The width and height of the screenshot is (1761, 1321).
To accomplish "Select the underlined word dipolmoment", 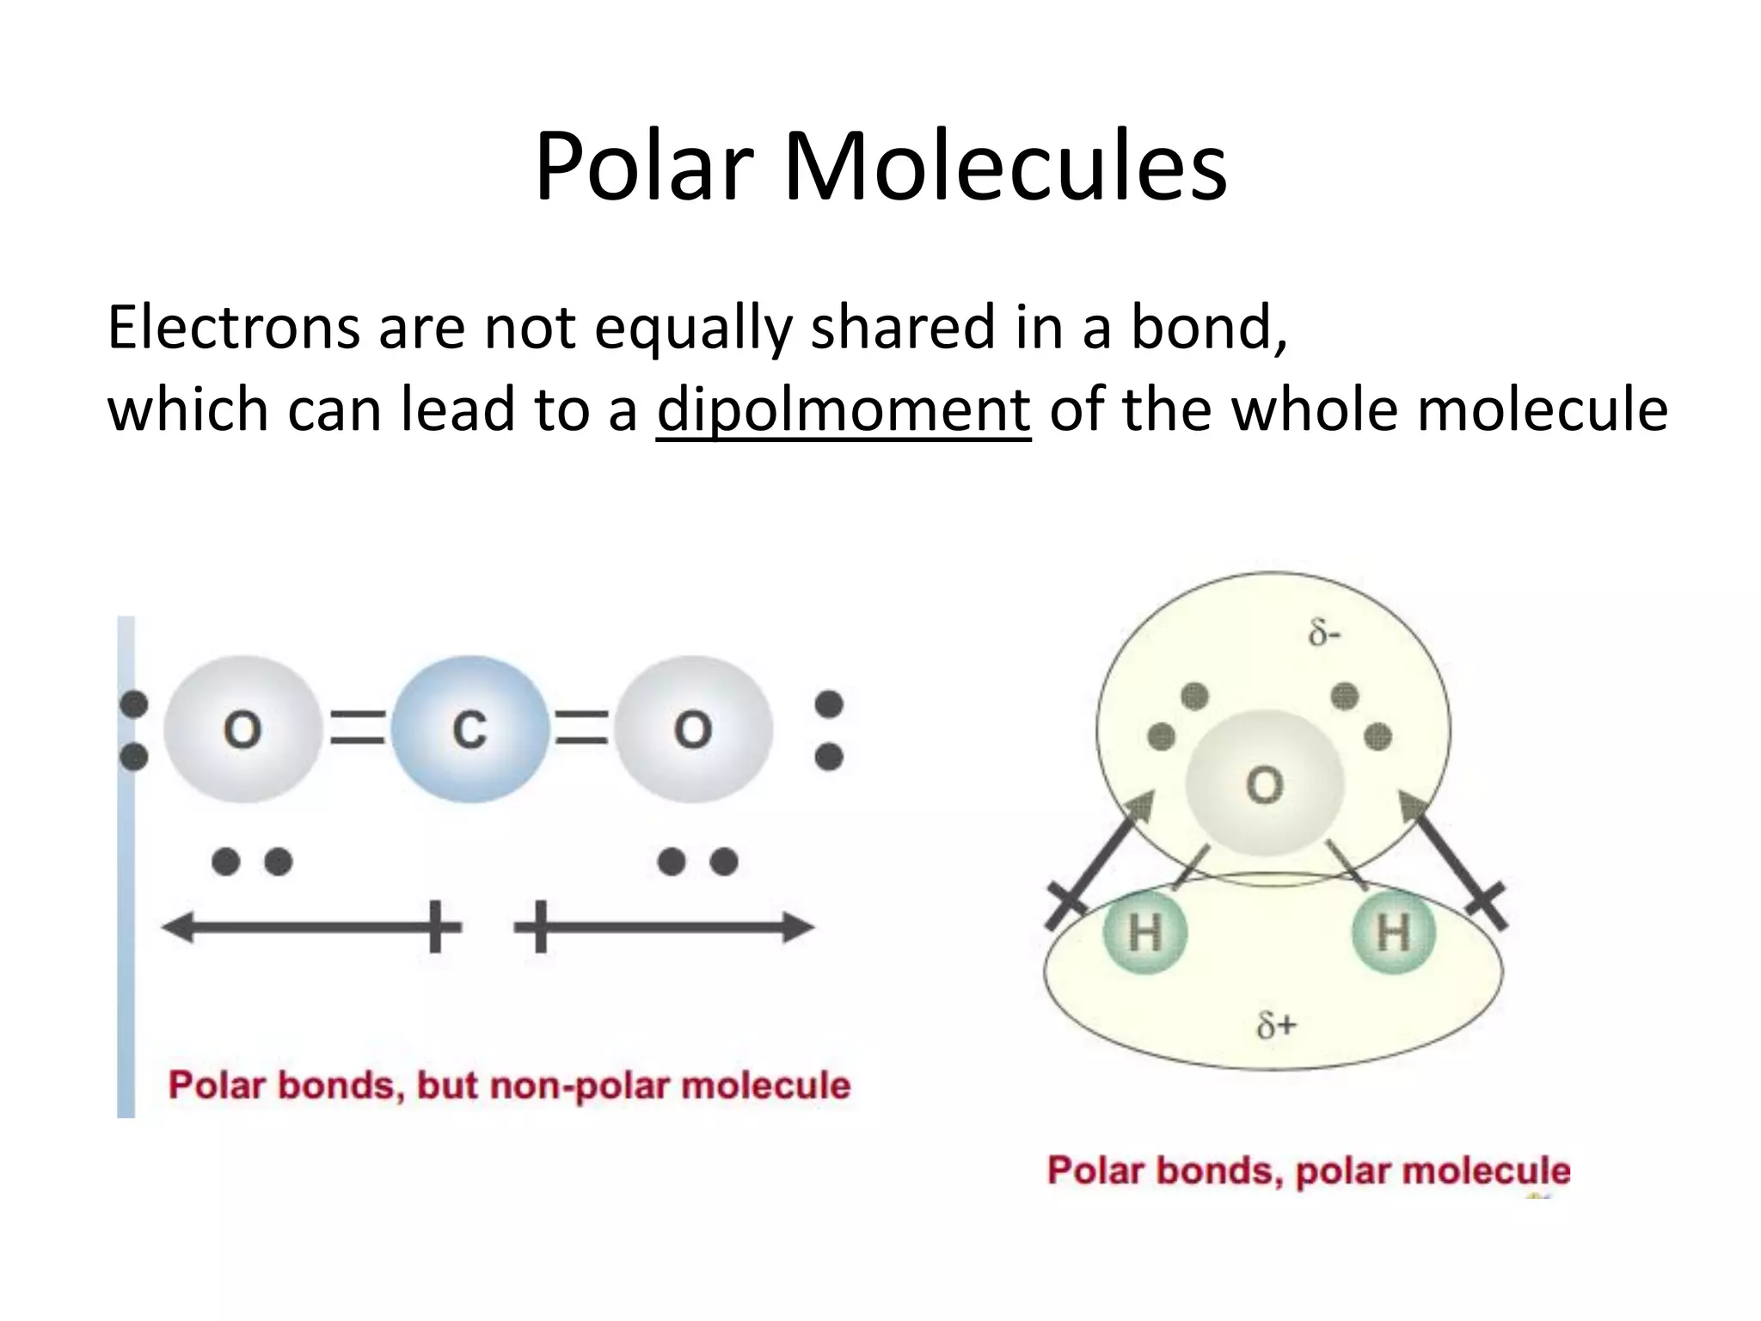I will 843,409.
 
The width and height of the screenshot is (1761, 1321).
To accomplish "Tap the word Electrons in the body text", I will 233,328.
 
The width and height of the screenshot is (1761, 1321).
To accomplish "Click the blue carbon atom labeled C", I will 469,729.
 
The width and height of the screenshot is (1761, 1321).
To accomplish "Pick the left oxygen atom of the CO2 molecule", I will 242,729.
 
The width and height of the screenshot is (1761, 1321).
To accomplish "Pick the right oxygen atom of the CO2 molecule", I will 693,729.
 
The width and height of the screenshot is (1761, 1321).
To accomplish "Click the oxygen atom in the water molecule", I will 1264,784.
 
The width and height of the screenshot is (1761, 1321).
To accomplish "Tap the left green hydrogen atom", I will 1144,932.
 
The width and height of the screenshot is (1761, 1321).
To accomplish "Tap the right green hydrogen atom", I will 1393,932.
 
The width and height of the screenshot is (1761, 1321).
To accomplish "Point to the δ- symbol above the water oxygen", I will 1324,635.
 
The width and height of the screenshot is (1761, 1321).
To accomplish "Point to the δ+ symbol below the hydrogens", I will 1276,1025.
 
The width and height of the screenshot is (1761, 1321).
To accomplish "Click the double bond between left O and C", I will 358,728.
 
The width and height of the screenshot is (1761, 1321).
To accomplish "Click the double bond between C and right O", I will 582,728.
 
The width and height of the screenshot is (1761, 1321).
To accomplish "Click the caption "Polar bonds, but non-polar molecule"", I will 509,1085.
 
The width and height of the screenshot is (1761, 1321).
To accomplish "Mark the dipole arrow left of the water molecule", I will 1101,860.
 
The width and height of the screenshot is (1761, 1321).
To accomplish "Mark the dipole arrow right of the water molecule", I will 1453,860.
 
